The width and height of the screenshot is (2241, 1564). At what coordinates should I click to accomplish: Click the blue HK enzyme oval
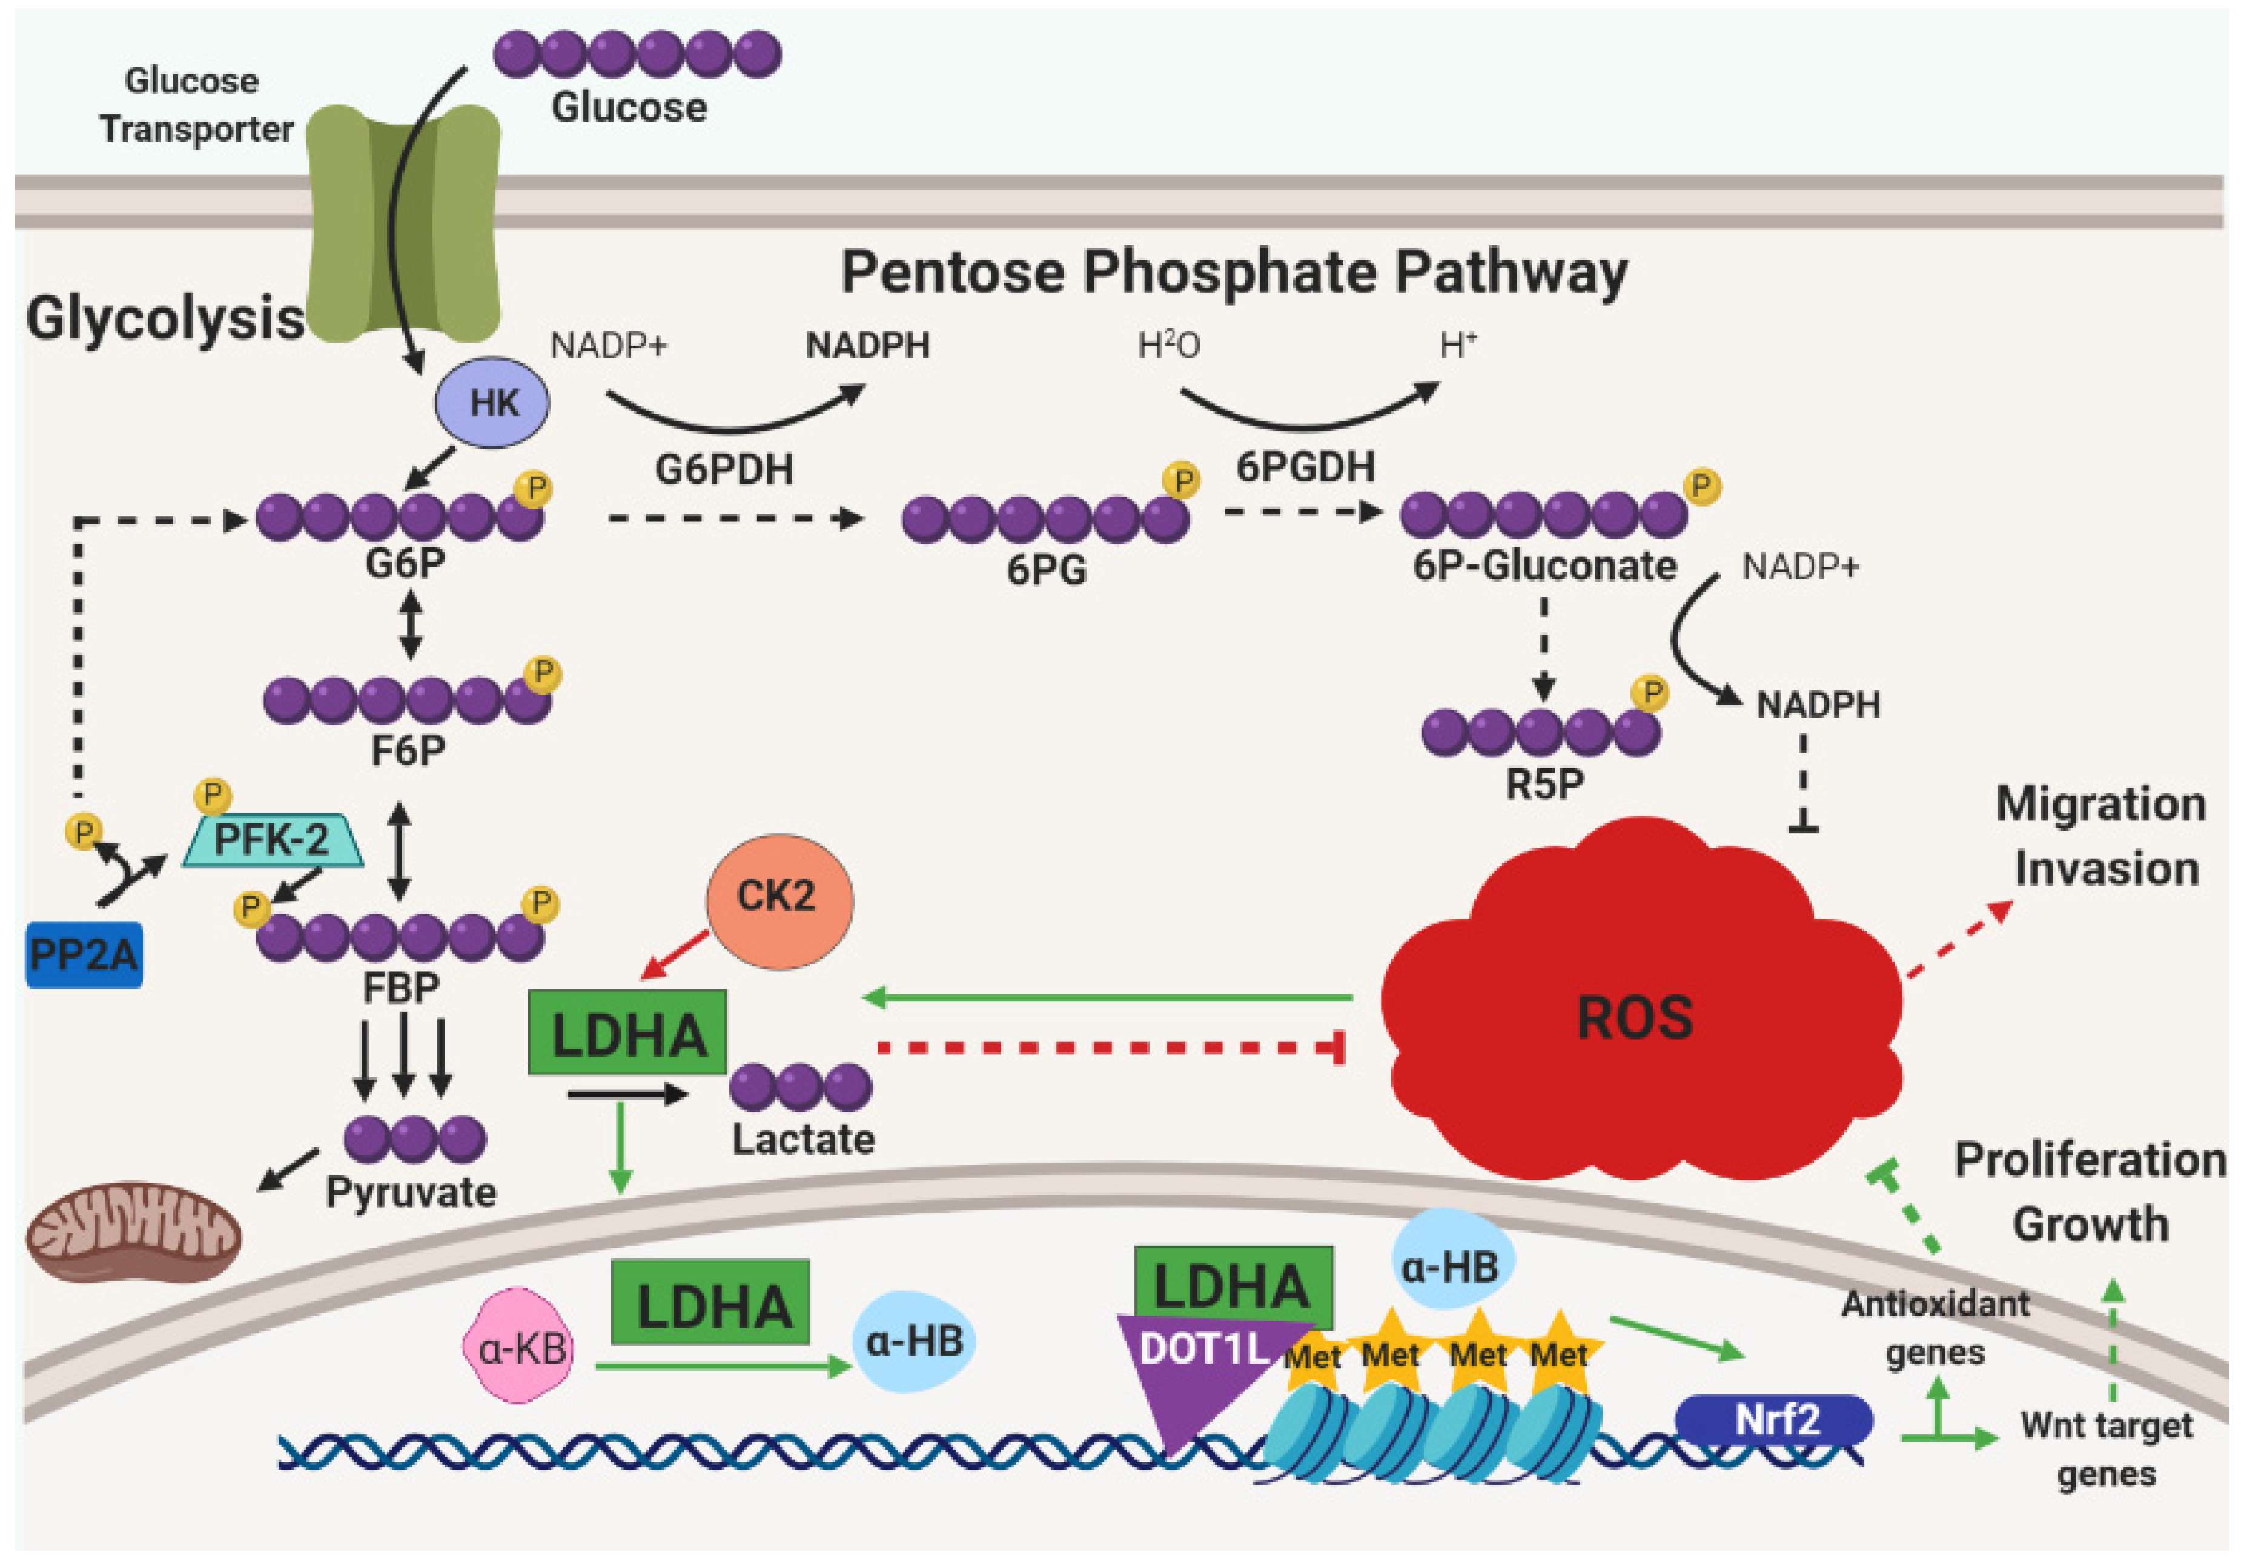pyautogui.click(x=492, y=402)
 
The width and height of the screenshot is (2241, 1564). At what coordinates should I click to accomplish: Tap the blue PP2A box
pyautogui.click(x=84, y=954)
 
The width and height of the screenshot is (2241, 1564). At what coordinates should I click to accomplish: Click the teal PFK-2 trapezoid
pyautogui.click(x=273, y=839)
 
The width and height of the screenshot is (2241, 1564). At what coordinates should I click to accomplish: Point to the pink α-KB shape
pyautogui.click(x=518, y=1347)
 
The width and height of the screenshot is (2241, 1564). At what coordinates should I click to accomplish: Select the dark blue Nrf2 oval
pyautogui.click(x=1773, y=1420)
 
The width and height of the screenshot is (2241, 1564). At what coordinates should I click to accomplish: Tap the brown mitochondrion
pyautogui.click(x=133, y=1232)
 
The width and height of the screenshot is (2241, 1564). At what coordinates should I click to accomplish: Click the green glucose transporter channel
pyautogui.click(x=403, y=225)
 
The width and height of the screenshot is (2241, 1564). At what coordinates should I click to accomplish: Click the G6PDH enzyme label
pyautogui.click(x=724, y=469)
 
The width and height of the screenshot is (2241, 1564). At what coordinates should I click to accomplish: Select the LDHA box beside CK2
pyautogui.click(x=627, y=1033)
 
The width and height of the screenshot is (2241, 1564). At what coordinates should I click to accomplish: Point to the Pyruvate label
pyautogui.click(x=411, y=1192)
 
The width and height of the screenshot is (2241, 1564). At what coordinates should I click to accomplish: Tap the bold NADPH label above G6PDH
pyautogui.click(x=867, y=345)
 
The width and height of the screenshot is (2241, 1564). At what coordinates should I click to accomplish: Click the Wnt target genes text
pyautogui.click(x=2107, y=1449)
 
